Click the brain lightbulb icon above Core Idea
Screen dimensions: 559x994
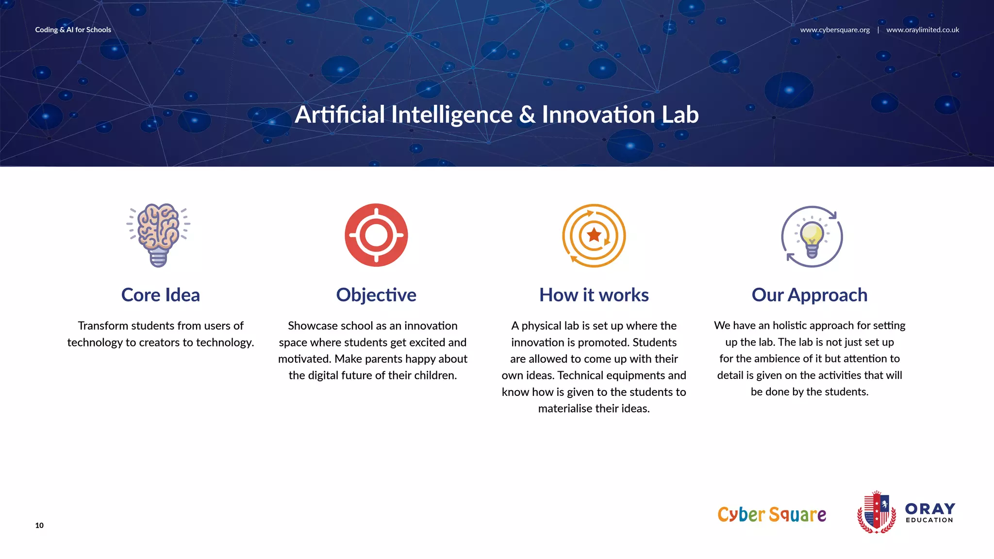(158, 235)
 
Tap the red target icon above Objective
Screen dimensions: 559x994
(376, 235)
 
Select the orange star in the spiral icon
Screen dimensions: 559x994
(594, 235)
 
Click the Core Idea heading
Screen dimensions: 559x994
(160, 295)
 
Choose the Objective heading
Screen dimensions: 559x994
(376, 295)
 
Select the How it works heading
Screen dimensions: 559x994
(594, 295)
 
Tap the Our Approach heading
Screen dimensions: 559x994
(809, 295)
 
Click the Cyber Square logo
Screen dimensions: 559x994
(772, 514)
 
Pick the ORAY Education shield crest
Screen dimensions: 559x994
(877, 512)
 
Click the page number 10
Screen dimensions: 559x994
(39, 525)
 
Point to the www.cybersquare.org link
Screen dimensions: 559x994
(835, 30)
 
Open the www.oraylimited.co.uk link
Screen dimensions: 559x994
(922, 30)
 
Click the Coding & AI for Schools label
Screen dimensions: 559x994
(73, 30)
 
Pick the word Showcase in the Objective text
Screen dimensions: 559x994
(310, 326)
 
